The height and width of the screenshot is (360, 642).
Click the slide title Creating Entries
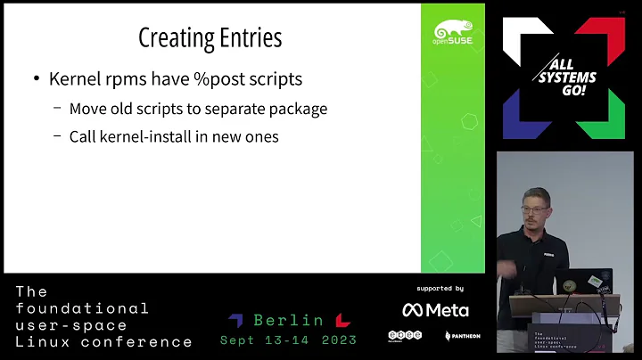[210, 37]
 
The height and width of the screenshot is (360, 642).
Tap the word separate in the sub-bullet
[223, 110]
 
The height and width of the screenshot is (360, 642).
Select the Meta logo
[435, 310]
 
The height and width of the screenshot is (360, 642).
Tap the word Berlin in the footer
[288, 320]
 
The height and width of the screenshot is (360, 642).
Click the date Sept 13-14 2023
[288, 340]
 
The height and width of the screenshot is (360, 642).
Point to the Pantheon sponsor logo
[463, 336]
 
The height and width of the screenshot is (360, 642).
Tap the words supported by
[440, 289]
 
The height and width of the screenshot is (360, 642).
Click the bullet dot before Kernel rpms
[36, 79]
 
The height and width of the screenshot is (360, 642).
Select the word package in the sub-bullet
[298, 110]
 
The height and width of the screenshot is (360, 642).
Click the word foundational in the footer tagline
[83, 308]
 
